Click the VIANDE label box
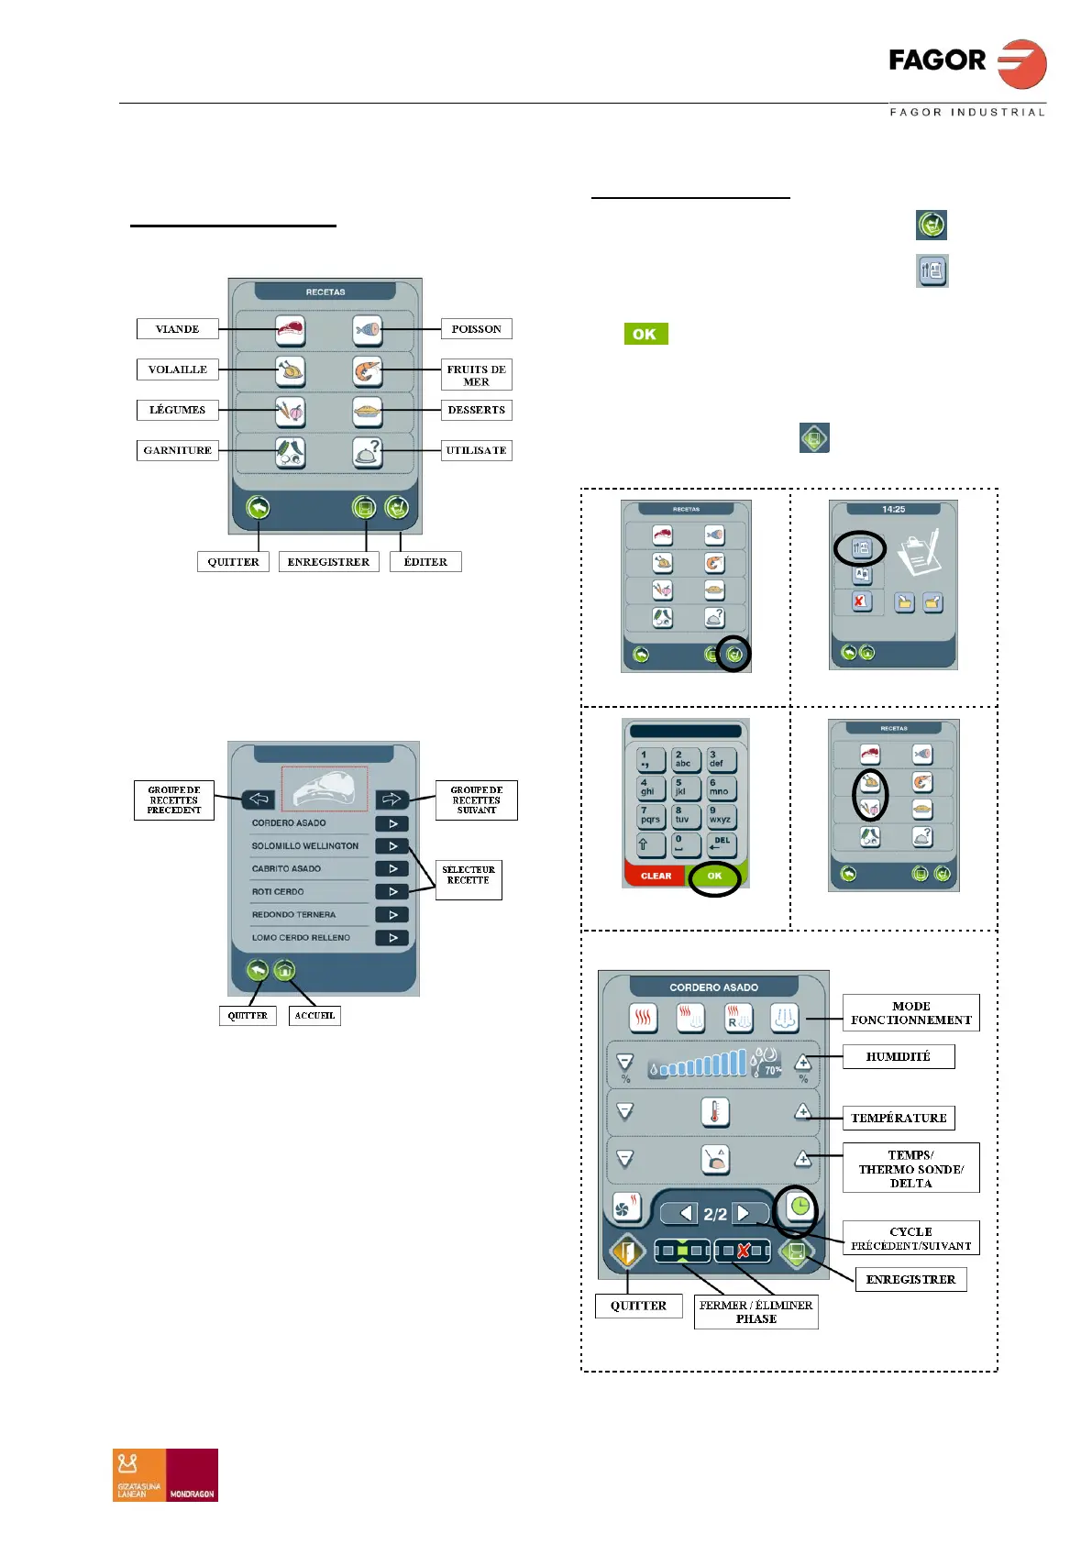tap(178, 329)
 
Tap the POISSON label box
tap(476, 329)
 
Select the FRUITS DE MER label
tap(476, 375)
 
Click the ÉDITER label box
tap(425, 562)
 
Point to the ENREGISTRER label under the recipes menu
tap(328, 562)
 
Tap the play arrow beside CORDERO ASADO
tap(392, 823)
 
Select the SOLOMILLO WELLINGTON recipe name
tap(305, 845)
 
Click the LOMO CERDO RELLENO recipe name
tap(301, 937)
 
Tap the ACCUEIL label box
tap(314, 1015)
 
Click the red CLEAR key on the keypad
tap(656, 876)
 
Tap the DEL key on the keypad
tap(722, 844)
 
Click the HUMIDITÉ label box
tap(899, 1056)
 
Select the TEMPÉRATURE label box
tap(899, 1118)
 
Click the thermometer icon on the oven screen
tap(715, 1111)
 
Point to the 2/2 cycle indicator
tap(715, 1214)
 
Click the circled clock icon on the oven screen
tap(800, 1206)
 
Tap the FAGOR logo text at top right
tap(937, 61)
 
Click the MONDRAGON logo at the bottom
tap(192, 1474)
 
